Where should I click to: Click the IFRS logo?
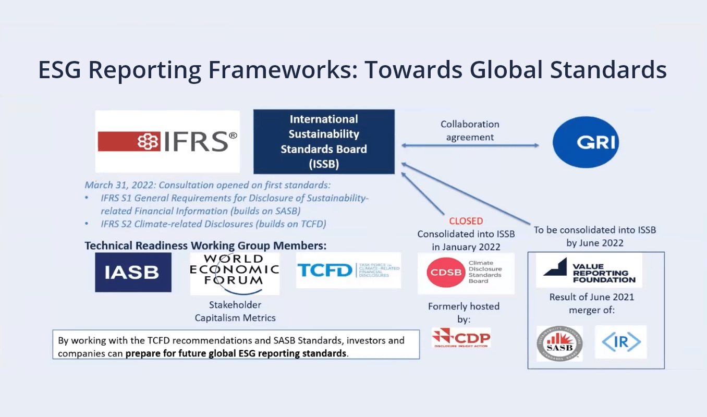[x=167, y=141]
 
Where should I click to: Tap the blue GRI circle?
[x=586, y=142]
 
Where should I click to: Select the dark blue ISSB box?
[x=324, y=142]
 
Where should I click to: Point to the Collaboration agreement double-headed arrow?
[x=470, y=146]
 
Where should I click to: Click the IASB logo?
[x=133, y=273]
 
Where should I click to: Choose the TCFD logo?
[x=348, y=271]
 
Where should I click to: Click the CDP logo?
[x=461, y=338]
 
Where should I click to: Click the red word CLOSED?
[x=466, y=221]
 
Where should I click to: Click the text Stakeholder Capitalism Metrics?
[x=235, y=311]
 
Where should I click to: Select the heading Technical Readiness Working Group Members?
[x=205, y=246]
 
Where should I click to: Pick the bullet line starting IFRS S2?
[x=213, y=224]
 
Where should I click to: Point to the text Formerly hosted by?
[x=464, y=312]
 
